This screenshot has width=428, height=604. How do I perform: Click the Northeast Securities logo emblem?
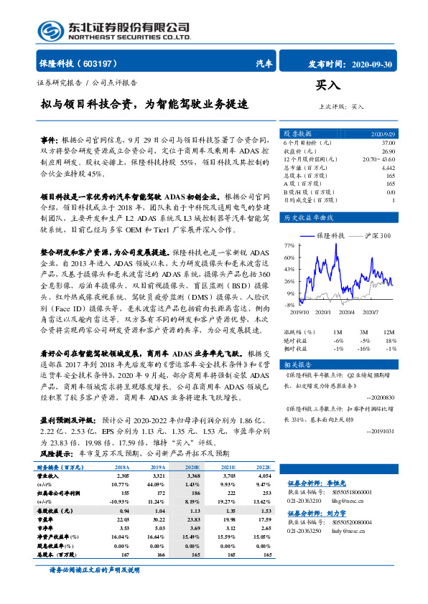click(x=50, y=31)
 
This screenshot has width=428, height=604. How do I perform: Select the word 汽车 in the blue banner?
click(x=264, y=64)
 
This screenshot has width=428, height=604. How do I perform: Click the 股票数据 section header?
click(x=298, y=134)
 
